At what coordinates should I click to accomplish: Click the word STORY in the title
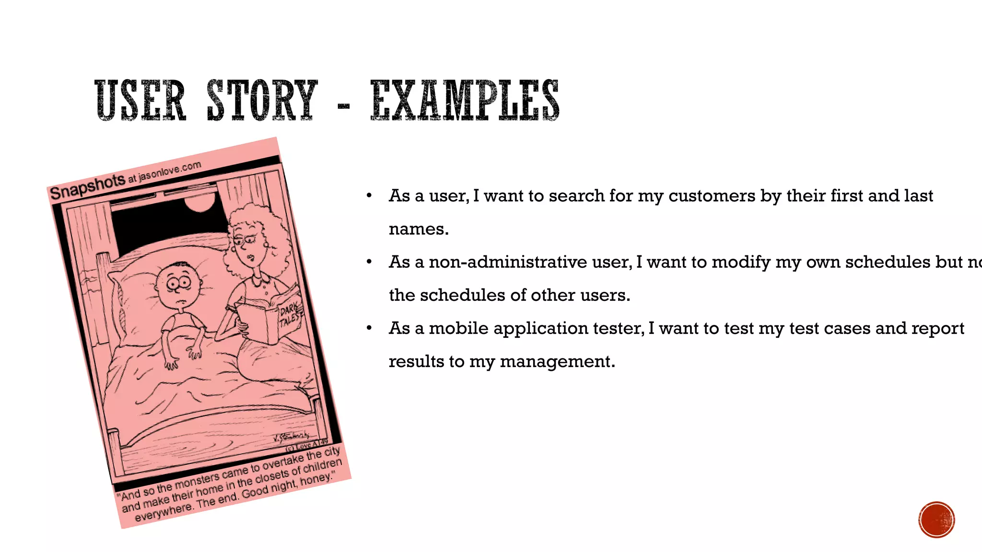tap(262, 100)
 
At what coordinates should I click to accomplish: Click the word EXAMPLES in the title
tap(465, 100)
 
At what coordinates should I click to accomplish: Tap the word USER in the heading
tap(140, 100)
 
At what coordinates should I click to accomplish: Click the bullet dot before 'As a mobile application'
tap(369, 328)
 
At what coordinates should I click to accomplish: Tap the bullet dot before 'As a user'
tap(369, 196)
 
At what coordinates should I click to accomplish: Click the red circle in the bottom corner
tap(936, 519)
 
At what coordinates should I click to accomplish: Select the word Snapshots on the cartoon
tap(87, 187)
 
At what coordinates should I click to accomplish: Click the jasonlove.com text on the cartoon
tap(170, 171)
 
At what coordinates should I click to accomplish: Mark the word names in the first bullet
tap(418, 229)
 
